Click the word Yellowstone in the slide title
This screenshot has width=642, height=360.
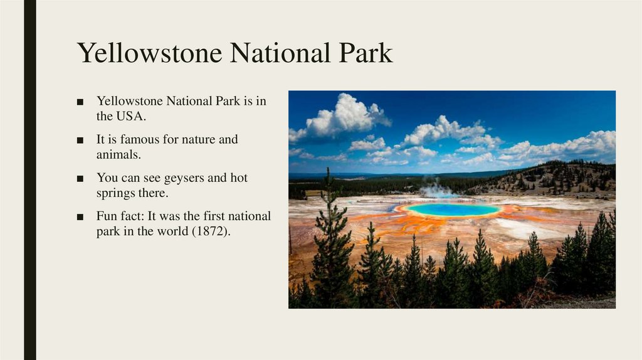(x=150, y=54)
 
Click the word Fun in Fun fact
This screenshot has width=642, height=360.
(x=107, y=216)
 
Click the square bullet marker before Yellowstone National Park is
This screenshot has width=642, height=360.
(x=80, y=102)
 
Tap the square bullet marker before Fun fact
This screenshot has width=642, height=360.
(x=80, y=217)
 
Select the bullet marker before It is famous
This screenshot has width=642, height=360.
(x=80, y=140)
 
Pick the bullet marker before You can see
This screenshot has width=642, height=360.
(x=80, y=179)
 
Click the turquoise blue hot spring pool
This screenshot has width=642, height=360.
(x=453, y=209)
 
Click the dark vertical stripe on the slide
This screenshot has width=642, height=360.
(x=29, y=180)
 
